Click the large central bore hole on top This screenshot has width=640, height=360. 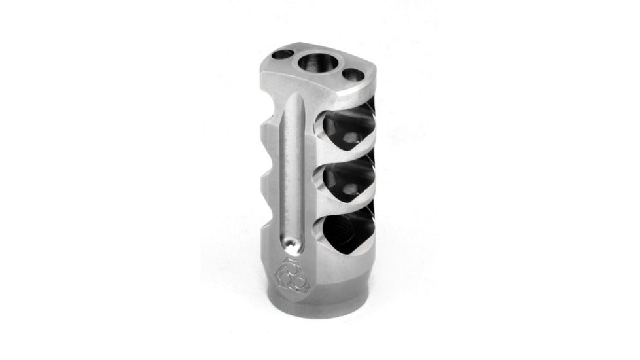[x=317, y=65]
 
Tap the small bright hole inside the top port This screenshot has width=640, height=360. [x=352, y=137]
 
